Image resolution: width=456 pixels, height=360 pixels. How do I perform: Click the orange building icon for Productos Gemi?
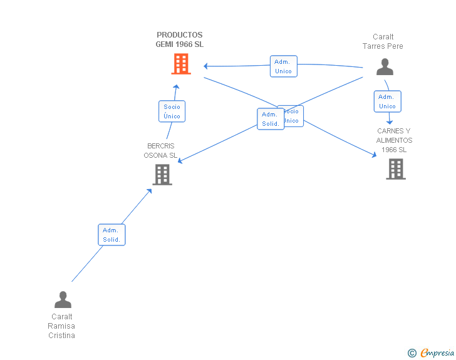click(180, 64)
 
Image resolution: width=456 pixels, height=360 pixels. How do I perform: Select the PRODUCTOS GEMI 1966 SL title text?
click(180, 40)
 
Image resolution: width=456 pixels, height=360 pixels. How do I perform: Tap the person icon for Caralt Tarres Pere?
click(385, 66)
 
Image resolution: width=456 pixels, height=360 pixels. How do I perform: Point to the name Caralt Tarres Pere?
click(383, 41)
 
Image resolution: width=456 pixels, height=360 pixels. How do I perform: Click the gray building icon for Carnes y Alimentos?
click(395, 169)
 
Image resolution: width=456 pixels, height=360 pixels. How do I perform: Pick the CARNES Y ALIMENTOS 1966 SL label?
click(394, 140)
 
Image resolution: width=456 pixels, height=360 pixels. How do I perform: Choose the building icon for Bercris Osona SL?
click(162, 175)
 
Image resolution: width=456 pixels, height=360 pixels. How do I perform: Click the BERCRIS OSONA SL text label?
click(160, 151)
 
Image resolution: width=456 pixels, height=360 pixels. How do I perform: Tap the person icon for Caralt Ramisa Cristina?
click(63, 299)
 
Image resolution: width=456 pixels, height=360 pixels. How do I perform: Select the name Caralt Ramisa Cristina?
click(61, 326)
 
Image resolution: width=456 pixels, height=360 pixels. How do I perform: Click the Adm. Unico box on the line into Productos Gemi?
click(283, 66)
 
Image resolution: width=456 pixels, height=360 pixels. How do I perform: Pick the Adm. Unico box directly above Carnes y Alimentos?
click(387, 101)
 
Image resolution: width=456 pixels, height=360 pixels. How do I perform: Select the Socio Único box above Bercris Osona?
click(172, 111)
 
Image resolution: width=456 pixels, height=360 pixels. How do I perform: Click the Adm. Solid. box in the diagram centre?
click(270, 119)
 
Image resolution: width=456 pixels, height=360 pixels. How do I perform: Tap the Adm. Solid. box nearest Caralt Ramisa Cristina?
click(111, 235)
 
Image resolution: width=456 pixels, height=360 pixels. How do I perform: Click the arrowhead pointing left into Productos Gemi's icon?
click(205, 66)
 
